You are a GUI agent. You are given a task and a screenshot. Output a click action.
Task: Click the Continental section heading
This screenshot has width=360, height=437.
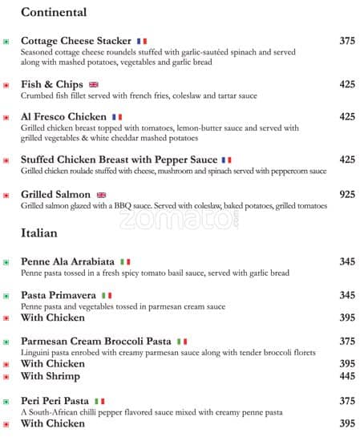[54, 13]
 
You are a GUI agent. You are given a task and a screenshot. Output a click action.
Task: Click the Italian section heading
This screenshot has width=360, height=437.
[39, 233]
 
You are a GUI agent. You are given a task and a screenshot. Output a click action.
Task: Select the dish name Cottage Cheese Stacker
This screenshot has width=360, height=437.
[75, 41]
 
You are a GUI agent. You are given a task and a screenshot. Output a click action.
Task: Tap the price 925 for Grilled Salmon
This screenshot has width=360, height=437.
[347, 194]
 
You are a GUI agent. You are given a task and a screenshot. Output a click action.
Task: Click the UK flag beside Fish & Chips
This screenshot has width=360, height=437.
[94, 84]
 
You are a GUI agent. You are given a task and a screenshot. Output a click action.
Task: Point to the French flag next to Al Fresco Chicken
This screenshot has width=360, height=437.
[117, 117]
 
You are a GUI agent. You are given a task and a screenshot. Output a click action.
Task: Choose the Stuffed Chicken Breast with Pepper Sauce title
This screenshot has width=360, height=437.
[119, 160]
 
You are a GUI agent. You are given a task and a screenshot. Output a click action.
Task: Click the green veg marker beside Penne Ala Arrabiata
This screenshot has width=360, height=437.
[6, 262]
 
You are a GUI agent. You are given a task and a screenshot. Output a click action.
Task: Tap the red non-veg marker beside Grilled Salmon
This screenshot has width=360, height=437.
[6, 195]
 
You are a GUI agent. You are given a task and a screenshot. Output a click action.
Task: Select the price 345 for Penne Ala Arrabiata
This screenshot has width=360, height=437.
[347, 261]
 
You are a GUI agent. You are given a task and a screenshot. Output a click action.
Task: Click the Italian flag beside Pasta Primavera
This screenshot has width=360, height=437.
[107, 296]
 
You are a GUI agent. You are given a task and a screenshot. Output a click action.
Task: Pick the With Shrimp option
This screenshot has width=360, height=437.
[51, 376]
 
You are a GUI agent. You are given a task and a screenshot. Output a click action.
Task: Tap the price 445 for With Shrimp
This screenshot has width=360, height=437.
[347, 376]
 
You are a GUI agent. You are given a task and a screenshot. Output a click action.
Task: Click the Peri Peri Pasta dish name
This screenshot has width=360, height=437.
[55, 401]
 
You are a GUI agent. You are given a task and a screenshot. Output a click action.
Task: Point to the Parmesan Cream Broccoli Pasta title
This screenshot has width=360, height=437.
[95, 341]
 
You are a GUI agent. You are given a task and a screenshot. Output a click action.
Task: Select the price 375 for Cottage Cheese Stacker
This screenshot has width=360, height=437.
[347, 41]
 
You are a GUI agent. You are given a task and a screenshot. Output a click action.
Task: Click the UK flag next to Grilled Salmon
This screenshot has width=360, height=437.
[102, 195]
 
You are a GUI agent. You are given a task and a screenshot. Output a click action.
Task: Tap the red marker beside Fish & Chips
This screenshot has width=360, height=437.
[6, 85]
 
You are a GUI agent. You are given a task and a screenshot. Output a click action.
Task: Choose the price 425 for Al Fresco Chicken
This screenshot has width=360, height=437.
[347, 117]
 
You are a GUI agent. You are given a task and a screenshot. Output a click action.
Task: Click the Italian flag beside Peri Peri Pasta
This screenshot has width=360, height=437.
[99, 401]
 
